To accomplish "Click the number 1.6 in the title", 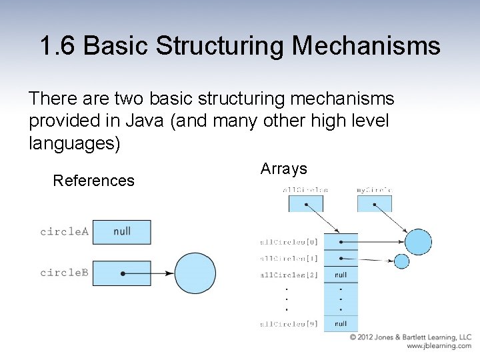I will click(x=59, y=46).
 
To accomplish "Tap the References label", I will click(x=93, y=181).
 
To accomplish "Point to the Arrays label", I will click(x=283, y=169).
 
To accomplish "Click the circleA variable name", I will click(x=64, y=232).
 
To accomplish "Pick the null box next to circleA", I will click(x=122, y=232).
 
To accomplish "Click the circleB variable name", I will click(x=64, y=273).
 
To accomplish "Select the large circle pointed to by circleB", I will click(x=195, y=273).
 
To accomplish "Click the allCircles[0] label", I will click(x=289, y=242).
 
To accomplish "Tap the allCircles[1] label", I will click(x=289, y=258).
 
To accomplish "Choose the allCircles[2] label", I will click(x=289, y=275).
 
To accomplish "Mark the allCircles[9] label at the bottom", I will click(x=289, y=324).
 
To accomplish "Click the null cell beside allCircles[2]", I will click(x=341, y=275).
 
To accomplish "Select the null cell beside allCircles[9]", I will click(x=341, y=324).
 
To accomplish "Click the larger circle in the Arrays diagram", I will click(x=419, y=241).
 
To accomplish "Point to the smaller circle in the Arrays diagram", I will click(x=401, y=261).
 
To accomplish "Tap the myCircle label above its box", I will click(x=374, y=190).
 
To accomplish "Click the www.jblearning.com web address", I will click(x=439, y=346).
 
